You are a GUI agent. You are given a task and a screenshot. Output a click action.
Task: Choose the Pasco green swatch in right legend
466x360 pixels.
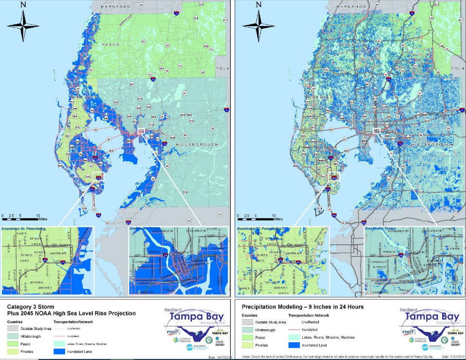pyautogui.click(x=250, y=337)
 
